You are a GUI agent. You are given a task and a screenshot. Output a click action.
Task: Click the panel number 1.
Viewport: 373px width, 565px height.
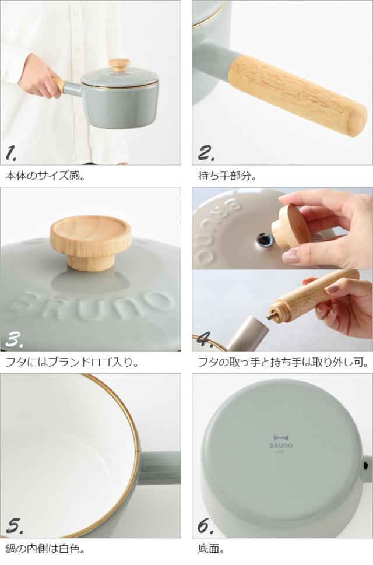tap(11, 153)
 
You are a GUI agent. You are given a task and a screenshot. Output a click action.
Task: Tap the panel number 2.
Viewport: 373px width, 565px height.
tap(206, 153)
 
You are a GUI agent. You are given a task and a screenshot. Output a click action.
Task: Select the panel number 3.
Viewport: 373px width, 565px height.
tap(15, 339)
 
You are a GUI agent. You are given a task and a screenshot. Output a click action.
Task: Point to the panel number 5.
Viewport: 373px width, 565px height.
tap(15, 526)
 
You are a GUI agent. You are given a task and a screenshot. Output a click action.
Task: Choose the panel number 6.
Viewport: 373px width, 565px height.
tap(206, 526)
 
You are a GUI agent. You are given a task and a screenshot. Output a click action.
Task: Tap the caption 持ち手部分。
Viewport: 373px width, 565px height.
tap(227, 176)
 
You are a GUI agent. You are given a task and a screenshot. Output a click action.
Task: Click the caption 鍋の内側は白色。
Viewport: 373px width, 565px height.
tap(45, 549)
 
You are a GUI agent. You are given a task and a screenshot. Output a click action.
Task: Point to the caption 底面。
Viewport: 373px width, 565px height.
tap(212, 549)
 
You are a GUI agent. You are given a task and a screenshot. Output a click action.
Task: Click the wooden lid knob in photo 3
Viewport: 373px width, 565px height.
tap(90, 242)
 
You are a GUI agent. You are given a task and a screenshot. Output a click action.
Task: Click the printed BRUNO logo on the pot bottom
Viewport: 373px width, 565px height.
tap(281, 442)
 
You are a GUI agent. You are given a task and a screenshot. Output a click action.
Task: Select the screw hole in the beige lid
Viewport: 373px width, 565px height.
tap(263, 238)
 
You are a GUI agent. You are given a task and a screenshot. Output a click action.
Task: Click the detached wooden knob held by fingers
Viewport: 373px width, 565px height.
tap(290, 227)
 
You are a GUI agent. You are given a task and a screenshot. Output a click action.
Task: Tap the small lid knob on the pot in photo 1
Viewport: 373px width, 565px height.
tap(119, 65)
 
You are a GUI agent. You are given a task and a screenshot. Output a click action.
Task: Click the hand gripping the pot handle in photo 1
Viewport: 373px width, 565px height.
tap(38, 76)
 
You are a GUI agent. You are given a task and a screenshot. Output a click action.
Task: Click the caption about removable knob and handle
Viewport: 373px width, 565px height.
tap(283, 362)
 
